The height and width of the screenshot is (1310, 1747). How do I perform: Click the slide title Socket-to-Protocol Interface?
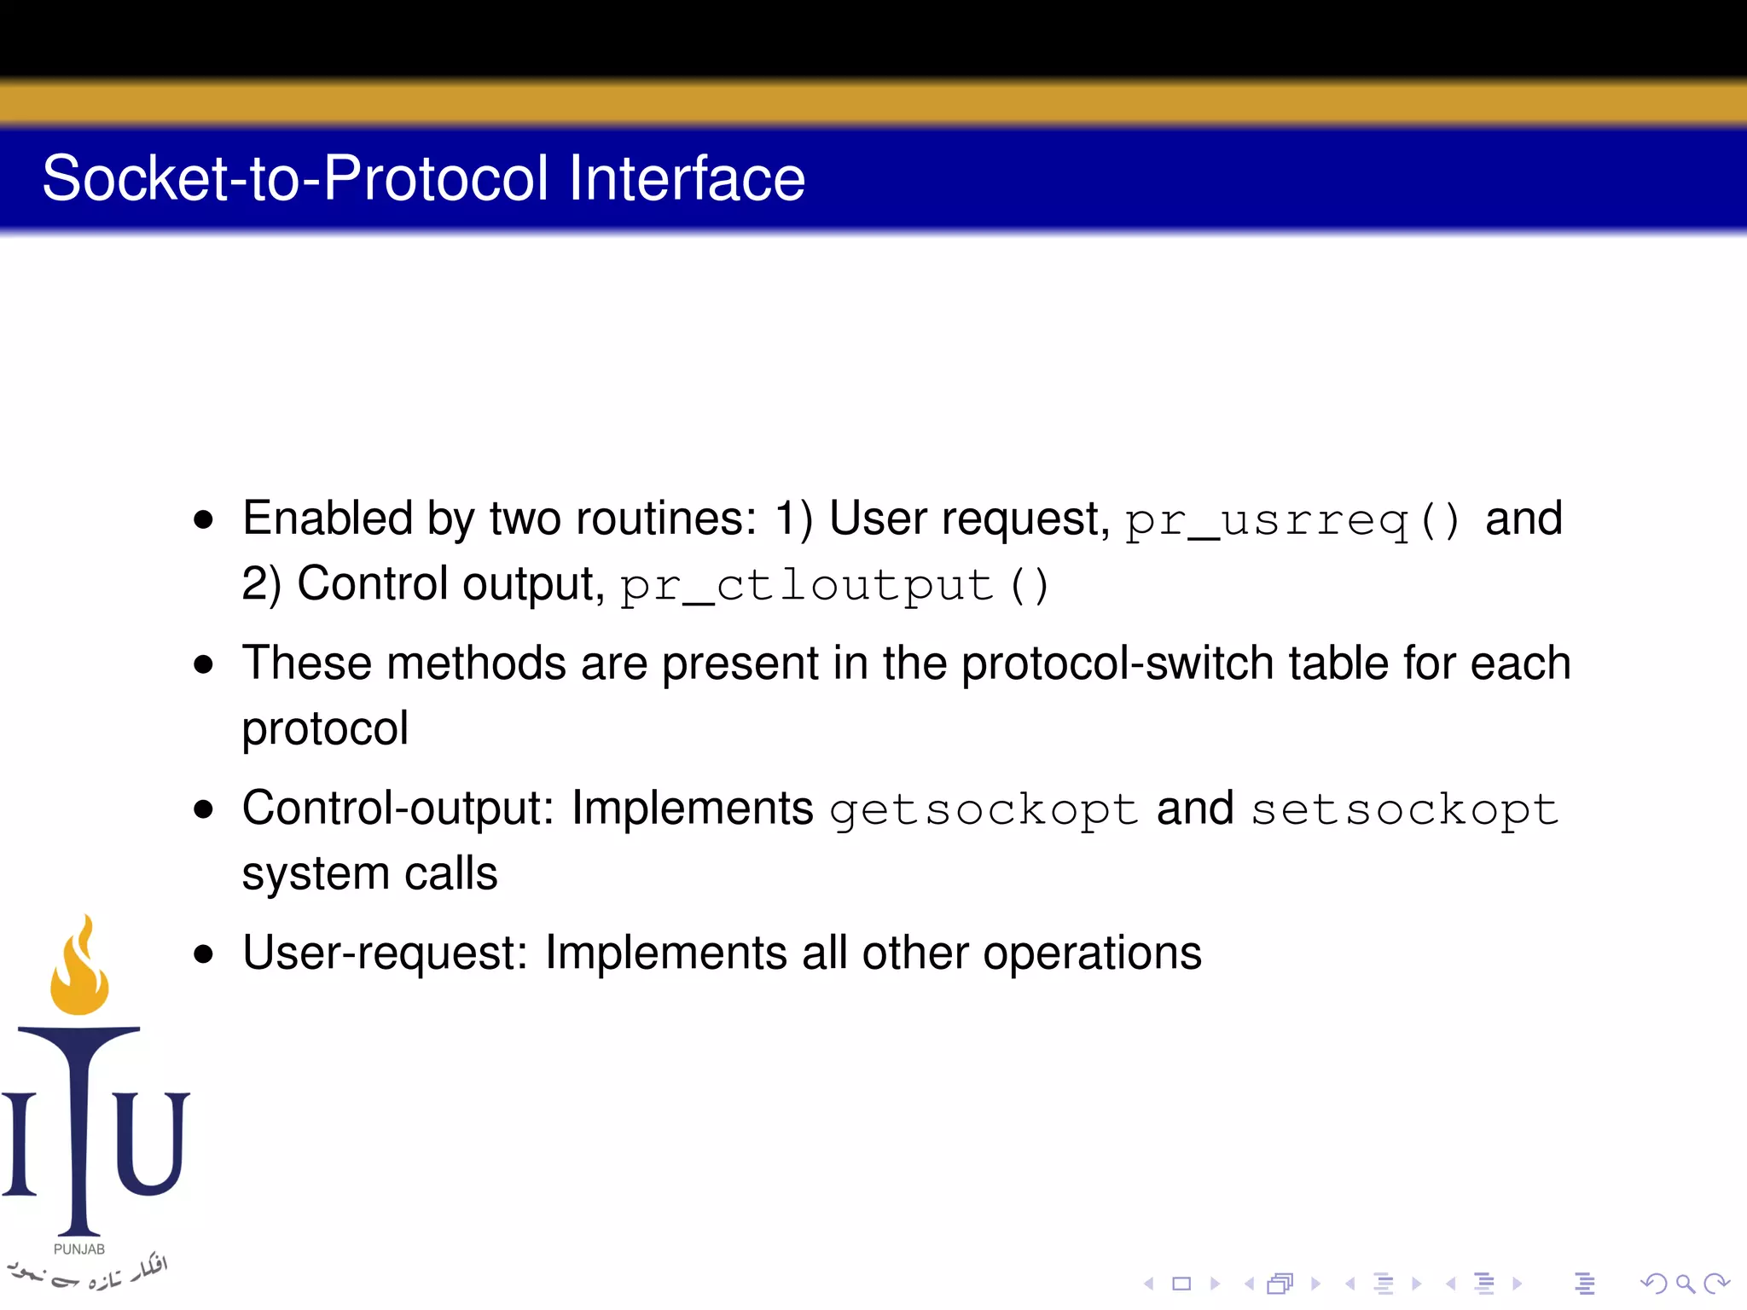pyautogui.click(x=423, y=178)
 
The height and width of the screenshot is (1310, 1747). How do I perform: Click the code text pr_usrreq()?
pyautogui.click(x=1293, y=520)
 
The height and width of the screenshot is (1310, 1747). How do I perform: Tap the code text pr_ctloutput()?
pyautogui.click(x=834, y=586)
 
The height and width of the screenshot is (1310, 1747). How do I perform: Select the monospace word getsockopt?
pyautogui.click(x=984, y=809)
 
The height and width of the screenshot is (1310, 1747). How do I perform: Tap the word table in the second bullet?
pyautogui.click(x=1338, y=664)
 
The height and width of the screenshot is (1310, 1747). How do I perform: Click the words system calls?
pyautogui.click(x=369, y=873)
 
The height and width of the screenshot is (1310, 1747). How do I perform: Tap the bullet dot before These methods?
pyautogui.click(x=203, y=664)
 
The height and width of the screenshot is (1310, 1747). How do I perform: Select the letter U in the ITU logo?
pyautogui.click(x=152, y=1143)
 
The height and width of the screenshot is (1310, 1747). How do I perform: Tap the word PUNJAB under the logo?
pyautogui.click(x=79, y=1249)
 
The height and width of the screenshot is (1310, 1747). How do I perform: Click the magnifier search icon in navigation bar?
pyautogui.click(x=1685, y=1284)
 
